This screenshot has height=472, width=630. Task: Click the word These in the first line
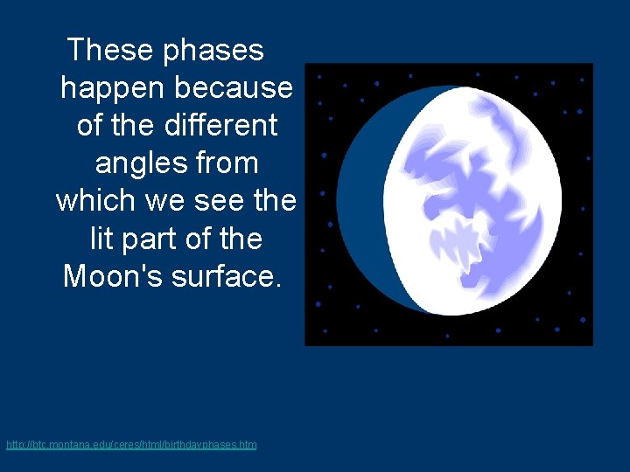click(110, 50)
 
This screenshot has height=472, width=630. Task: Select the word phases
click(213, 52)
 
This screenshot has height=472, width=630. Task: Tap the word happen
click(114, 89)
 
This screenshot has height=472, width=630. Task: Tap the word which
click(95, 200)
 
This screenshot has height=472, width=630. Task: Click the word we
click(164, 202)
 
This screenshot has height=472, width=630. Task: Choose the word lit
click(102, 238)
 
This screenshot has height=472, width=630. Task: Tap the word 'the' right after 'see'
click(275, 200)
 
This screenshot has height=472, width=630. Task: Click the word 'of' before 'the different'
click(90, 125)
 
